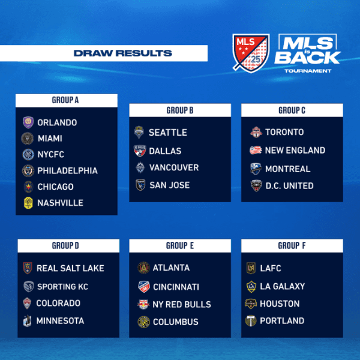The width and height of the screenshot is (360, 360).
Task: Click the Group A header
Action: click(66, 100)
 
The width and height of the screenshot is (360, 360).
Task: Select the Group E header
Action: click(179, 245)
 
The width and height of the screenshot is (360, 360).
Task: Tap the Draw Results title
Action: click(122, 53)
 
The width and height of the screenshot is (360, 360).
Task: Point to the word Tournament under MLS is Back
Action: click(308, 71)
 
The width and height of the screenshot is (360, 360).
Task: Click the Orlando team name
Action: click(57, 122)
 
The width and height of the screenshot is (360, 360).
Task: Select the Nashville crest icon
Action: click(28, 203)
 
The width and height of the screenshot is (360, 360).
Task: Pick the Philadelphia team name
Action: click(67, 170)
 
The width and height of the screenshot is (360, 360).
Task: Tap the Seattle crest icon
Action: click(140, 132)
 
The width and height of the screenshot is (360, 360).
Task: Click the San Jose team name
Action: click(169, 185)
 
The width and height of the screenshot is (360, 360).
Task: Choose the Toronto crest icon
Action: click(256, 132)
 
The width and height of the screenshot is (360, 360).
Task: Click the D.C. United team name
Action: click(289, 185)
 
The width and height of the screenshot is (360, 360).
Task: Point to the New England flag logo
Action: click(256, 150)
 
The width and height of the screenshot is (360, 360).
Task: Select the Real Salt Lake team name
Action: click(70, 268)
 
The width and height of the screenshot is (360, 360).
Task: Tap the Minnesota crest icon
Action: click(28, 321)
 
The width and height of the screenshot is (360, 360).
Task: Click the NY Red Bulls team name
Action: click(182, 304)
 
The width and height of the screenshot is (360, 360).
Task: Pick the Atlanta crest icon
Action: click(143, 268)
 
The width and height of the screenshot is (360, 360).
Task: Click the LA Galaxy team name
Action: click(283, 286)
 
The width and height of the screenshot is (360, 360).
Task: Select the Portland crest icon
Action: click(251, 321)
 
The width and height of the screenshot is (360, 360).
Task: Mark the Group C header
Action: click(292, 110)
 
